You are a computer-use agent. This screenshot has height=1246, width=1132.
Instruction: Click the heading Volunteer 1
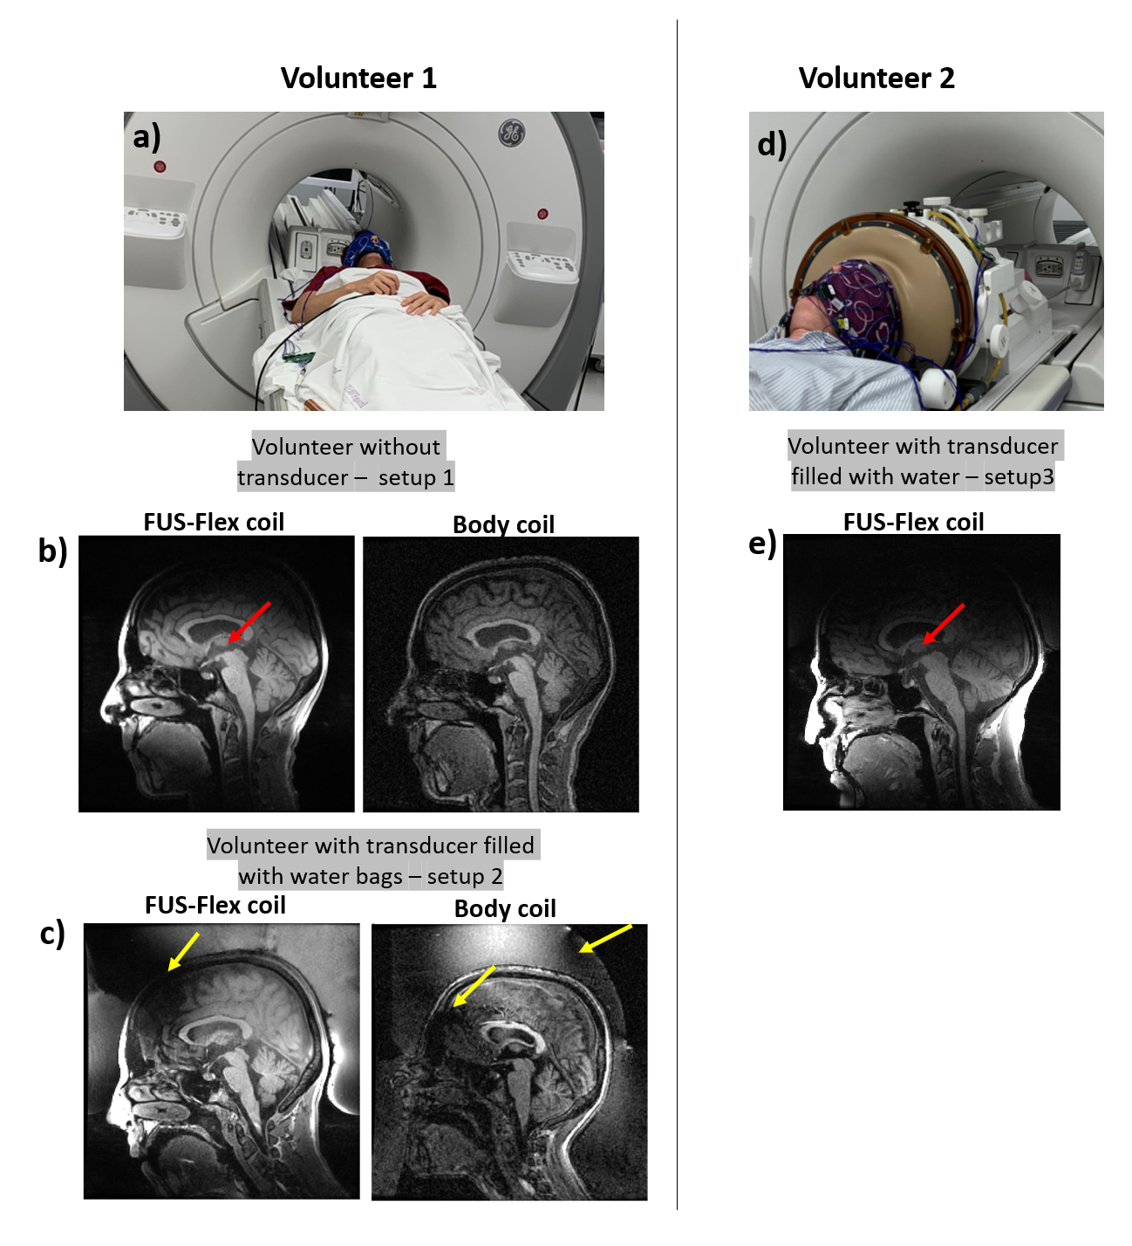click(x=358, y=79)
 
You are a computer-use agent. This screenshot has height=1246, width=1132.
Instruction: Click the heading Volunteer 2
click(x=876, y=79)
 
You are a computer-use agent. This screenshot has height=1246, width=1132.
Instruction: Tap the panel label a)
click(x=147, y=137)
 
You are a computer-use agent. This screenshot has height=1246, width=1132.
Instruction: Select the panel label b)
click(x=53, y=551)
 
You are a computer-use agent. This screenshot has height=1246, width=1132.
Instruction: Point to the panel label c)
click(x=52, y=934)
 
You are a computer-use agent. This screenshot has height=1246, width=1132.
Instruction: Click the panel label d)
click(x=772, y=144)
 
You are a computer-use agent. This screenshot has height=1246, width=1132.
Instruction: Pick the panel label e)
click(x=762, y=544)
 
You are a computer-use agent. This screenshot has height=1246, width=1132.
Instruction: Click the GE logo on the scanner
click(x=511, y=133)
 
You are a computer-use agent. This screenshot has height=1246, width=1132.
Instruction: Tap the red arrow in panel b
click(x=249, y=622)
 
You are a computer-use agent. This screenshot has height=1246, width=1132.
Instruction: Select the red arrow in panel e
click(x=944, y=624)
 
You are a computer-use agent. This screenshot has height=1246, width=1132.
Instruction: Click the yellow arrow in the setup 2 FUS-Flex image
click(x=183, y=951)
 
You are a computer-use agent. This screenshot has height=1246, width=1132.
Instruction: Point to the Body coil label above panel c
click(x=505, y=909)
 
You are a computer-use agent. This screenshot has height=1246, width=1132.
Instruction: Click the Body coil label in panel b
click(x=503, y=524)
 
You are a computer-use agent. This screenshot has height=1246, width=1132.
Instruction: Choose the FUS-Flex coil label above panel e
click(x=913, y=522)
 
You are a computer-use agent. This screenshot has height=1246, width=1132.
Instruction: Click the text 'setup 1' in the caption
click(x=416, y=478)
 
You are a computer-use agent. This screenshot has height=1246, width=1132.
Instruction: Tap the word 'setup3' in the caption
click(x=1019, y=477)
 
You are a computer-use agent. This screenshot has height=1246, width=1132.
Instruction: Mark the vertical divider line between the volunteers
click(x=677, y=611)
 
